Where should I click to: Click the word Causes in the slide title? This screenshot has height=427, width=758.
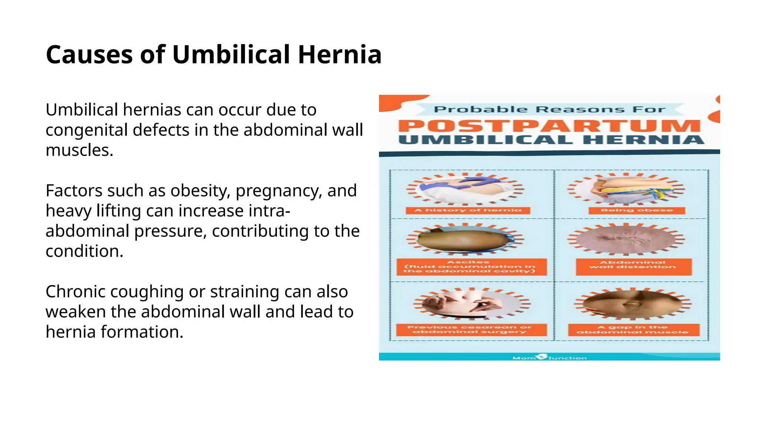[x=89, y=55]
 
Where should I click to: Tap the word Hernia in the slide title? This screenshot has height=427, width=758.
[x=339, y=55]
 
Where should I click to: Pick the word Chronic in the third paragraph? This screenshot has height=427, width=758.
[x=75, y=292]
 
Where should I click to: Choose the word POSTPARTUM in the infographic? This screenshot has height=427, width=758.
[x=549, y=126]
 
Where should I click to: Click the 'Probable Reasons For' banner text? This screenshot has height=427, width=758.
[x=549, y=109]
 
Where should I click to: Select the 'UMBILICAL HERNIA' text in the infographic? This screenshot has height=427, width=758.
[x=551, y=140]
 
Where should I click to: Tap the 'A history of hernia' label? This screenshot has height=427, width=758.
[x=468, y=211]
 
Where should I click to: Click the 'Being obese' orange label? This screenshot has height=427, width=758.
[x=637, y=211]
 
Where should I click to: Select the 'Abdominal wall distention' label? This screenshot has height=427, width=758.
[x=633, y=267]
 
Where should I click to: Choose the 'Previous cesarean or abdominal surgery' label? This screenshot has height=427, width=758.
[x=471, y=330]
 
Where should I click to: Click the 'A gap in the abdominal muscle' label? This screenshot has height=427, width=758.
[x=633, y=330]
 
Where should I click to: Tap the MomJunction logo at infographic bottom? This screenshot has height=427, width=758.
[x=549, y=357]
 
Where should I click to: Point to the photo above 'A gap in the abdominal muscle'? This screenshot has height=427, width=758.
[x=633, y=304]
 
